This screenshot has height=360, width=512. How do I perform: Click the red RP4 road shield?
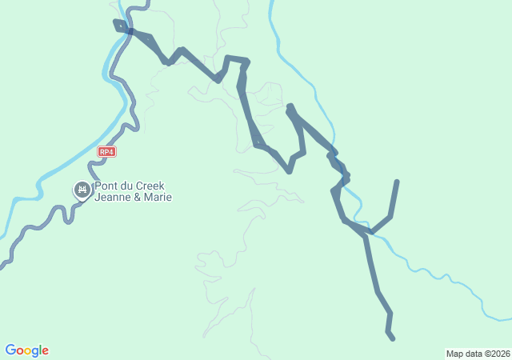(x=107, y=151)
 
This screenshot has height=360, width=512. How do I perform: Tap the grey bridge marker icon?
(x=82, y=190)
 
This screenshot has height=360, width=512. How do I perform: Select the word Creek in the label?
(x=150, y=186)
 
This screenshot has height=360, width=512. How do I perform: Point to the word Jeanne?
(x=112, y=198)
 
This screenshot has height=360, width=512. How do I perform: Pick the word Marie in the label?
(x=157, y=198)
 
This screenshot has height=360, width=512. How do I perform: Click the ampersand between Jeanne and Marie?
(x=136, y=198)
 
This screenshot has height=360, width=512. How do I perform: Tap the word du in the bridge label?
(x=126, y=186)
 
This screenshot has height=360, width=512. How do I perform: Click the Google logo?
(x=26, y=350)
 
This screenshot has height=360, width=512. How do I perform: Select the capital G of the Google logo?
(x=10, y=350)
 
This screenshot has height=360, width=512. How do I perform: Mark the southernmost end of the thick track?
(x=393, y=339)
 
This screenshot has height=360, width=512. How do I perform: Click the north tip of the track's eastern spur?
(x=397, y=182)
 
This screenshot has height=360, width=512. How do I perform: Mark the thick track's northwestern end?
(x=116, y=22)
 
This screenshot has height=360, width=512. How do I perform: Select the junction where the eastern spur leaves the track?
(x=370, y=233)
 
